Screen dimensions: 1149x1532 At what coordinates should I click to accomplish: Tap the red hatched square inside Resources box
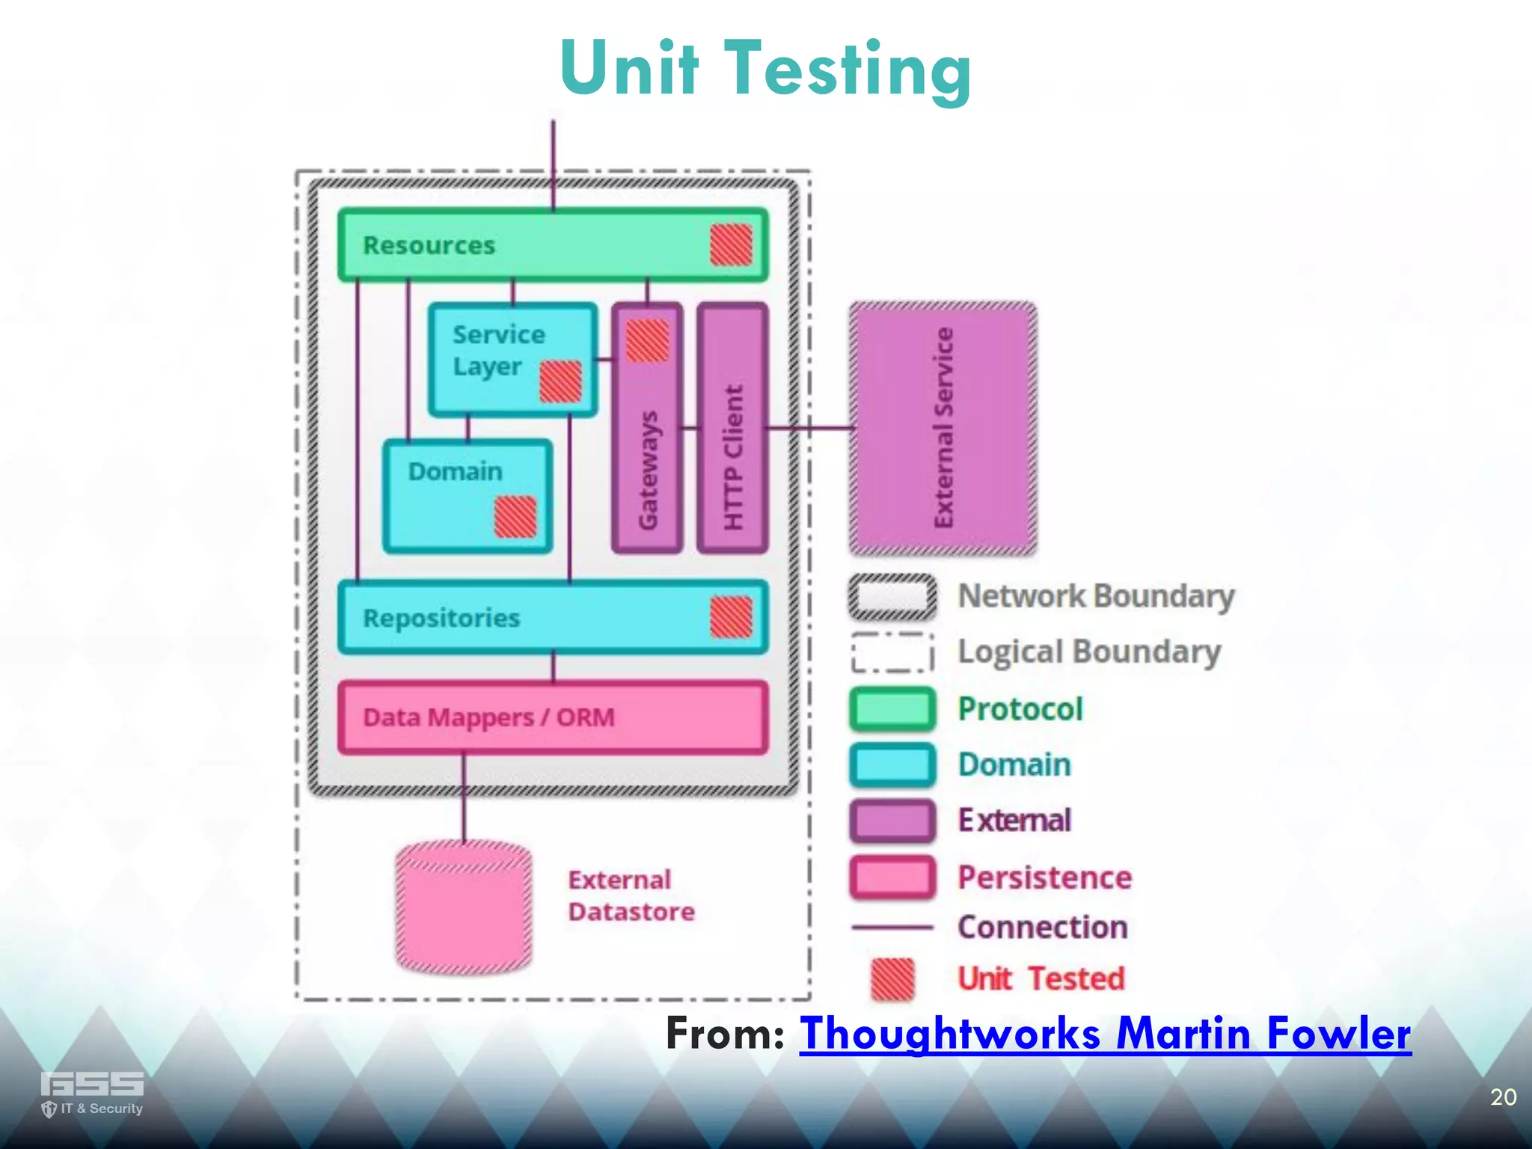(x=731, y=245)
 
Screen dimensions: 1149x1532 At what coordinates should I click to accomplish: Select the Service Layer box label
(x=498, y=350)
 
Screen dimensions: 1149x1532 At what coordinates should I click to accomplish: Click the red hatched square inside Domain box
(x=515, y=517)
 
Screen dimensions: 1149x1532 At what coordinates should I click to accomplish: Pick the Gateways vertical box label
(x=648, y=470)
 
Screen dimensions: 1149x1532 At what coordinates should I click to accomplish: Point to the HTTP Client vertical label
(x=733, y=456)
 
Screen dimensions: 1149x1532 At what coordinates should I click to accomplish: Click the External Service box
(x=943, y=428)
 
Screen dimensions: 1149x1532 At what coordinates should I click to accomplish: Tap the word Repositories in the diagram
(x=441, y=618)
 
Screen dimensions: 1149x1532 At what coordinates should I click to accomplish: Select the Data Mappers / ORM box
(x=553, y=717)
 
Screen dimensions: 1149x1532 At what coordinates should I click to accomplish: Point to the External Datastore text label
(x=631, y=895)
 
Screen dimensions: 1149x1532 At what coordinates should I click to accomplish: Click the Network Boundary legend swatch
(x=892, y=597)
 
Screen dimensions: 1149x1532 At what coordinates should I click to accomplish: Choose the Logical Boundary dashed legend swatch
(x=892, y=652)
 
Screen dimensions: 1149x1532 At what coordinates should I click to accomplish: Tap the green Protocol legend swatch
(x=892, y=708)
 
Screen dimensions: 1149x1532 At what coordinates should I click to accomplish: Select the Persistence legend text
(x=1044, y=877)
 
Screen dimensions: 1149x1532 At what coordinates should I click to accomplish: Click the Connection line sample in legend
(x=892, y=928)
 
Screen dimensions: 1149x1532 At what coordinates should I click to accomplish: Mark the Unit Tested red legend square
(x=892, y=978)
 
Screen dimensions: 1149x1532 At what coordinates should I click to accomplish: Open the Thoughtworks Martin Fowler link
(x=1105, y=1034)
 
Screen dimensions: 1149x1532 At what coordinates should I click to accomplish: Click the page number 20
(x=1503, y=1097)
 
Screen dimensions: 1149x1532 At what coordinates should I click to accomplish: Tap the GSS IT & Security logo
(x=91, y=1093)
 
